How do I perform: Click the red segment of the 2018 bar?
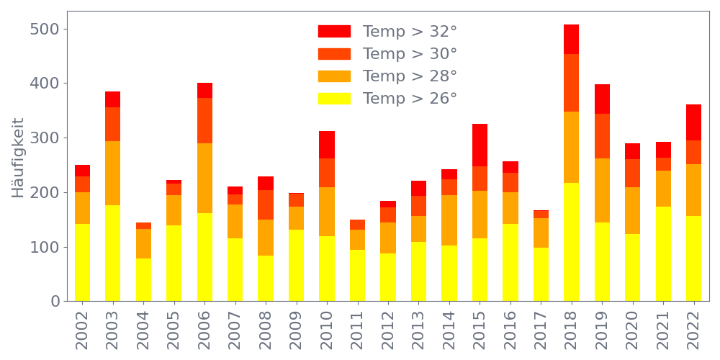click(x=571, y=39)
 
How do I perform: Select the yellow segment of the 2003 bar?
click(x=112, y=253)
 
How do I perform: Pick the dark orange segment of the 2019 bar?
click(x=602, y=136)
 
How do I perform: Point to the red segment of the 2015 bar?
click(x=480, y=145)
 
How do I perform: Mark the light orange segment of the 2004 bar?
click(x=143, y=243)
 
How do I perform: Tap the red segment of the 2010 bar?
click(x=327, y=145)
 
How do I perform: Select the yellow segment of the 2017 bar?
click(x=541, y=274)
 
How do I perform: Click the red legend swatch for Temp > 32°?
click(x=334, y=32)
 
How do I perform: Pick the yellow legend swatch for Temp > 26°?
click(x=334, y=98)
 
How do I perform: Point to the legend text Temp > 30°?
click(x=410, y=54)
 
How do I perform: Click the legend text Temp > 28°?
click(x=410, y=76)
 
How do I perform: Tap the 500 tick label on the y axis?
click(x=45, y=30)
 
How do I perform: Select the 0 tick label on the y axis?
click(x=55, y=302)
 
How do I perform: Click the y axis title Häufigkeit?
click(x=18, y=158)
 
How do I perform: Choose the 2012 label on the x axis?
click(x=388, y=328)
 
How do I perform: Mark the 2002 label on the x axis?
click(x=82, y=328)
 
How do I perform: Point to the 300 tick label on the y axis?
click(x=45, y=138)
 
